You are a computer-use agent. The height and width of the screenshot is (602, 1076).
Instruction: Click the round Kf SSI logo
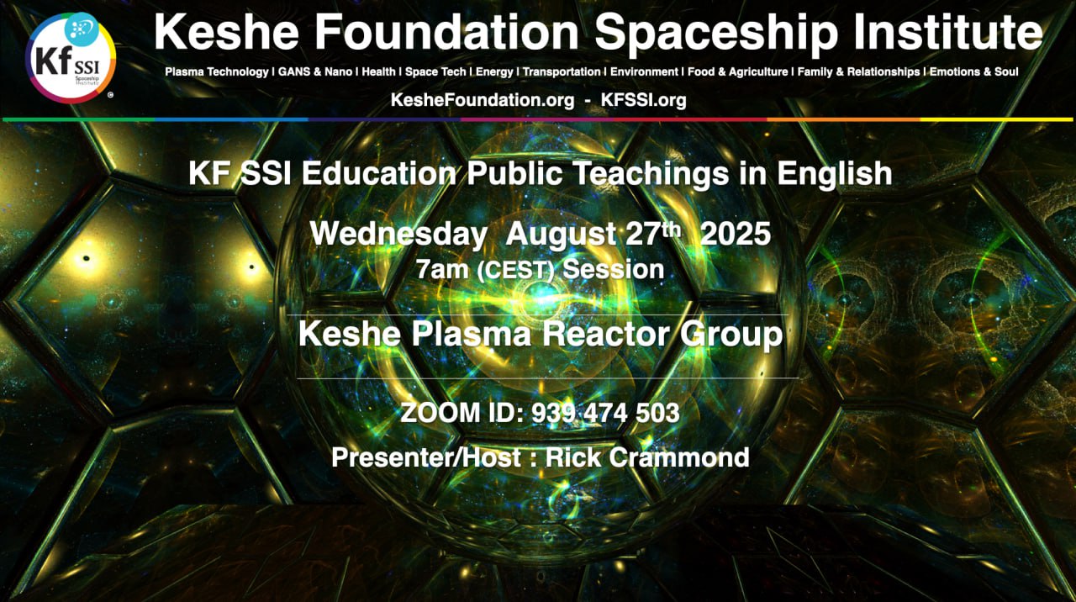71,58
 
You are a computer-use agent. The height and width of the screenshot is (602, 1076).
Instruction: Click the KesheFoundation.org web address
483,100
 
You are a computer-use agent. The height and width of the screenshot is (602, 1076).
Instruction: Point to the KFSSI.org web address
643,100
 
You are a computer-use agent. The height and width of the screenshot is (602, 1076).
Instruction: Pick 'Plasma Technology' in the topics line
217,72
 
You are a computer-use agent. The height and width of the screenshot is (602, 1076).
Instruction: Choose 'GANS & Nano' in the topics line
315,72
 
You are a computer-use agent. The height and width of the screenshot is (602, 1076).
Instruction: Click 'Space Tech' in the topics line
435,72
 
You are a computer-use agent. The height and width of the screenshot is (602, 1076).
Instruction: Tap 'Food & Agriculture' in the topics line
738,72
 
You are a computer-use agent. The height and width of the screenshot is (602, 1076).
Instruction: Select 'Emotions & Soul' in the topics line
973,72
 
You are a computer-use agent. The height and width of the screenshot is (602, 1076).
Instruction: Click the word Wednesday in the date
398,235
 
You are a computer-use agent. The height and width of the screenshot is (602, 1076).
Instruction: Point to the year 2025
736,234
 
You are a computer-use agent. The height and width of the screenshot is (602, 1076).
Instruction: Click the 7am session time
442,270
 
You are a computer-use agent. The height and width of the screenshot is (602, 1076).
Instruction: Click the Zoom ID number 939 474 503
605,413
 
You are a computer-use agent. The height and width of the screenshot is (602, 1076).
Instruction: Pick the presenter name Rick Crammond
647,457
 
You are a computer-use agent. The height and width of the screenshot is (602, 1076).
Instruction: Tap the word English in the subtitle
835,173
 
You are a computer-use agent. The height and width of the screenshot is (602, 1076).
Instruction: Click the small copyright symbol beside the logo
110,95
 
